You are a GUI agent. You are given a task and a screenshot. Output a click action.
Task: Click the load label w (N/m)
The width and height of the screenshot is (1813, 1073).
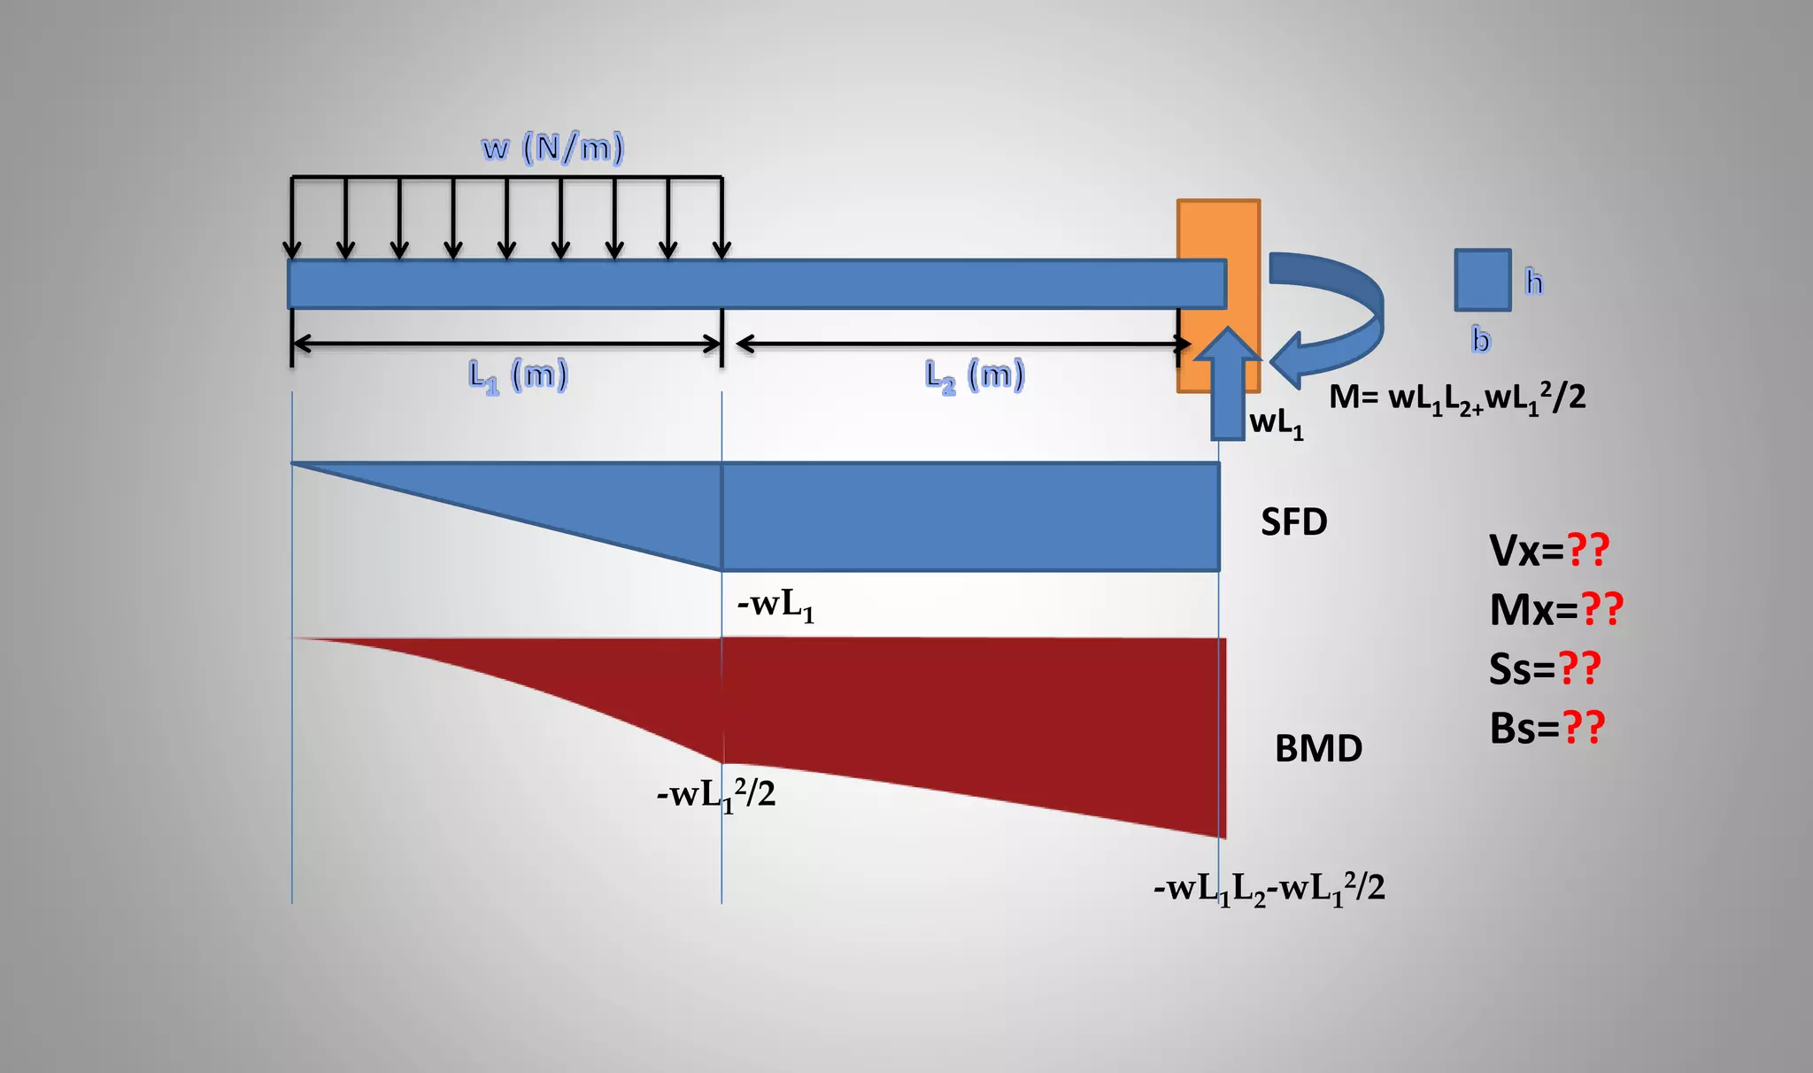[x=552, y=147]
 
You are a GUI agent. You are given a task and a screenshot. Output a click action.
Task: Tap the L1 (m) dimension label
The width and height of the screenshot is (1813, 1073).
[x=518, y=375]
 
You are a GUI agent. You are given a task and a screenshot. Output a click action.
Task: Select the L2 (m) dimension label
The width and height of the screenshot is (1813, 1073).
[x=975, y=375]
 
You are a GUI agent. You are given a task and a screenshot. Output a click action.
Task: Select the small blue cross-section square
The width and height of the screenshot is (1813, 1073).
[x=1483, y=280]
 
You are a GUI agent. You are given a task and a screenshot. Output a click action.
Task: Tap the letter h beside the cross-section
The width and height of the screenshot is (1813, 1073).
[x=1534, y=282]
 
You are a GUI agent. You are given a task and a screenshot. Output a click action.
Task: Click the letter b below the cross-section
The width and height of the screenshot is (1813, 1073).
[x=1481, y=340]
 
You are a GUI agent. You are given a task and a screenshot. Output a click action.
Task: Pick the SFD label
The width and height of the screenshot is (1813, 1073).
[x=1293, y=522]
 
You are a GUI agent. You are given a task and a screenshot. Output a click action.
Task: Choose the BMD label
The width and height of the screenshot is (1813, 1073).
[x=1318, y=749]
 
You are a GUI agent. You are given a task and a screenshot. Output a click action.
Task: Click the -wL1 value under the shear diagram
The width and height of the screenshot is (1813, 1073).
[x=775, y=606]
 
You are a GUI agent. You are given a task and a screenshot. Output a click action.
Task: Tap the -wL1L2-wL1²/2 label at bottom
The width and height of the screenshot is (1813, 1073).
[x=1269, y=888]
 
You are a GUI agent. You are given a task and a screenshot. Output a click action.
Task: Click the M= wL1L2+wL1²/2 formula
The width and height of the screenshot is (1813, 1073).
[x=1456, y=398]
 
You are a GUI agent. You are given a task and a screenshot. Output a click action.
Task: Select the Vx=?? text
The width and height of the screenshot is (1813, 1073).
[x=1549, y=551]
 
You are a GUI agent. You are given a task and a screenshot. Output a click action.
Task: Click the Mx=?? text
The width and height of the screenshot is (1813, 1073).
[x=1556, y=610]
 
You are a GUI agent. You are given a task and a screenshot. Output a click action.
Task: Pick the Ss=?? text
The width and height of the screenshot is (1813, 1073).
[x=1545, y=669]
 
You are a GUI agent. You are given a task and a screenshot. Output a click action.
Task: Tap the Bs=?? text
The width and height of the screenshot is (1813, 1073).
[x=1547, y=729]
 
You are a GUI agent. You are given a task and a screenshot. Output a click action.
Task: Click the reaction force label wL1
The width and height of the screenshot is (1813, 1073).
[x=1276, y=424]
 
